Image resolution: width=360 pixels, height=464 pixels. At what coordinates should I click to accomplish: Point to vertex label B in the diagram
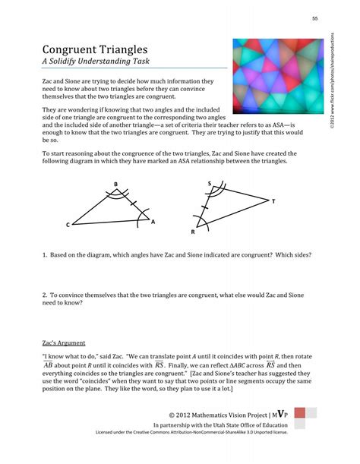tap(115, 185)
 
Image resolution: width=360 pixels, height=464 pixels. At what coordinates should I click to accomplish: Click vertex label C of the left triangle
tap(68, 226)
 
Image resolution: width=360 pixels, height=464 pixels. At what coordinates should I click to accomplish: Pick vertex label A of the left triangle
tap(153, 221)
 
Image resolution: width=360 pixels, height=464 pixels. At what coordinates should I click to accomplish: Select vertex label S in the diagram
tap(210, 184)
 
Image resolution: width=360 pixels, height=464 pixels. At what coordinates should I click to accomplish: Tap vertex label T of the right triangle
tap(273, 201)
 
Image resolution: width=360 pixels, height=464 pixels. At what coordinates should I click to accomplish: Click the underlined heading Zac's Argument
tap(64, 342)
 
